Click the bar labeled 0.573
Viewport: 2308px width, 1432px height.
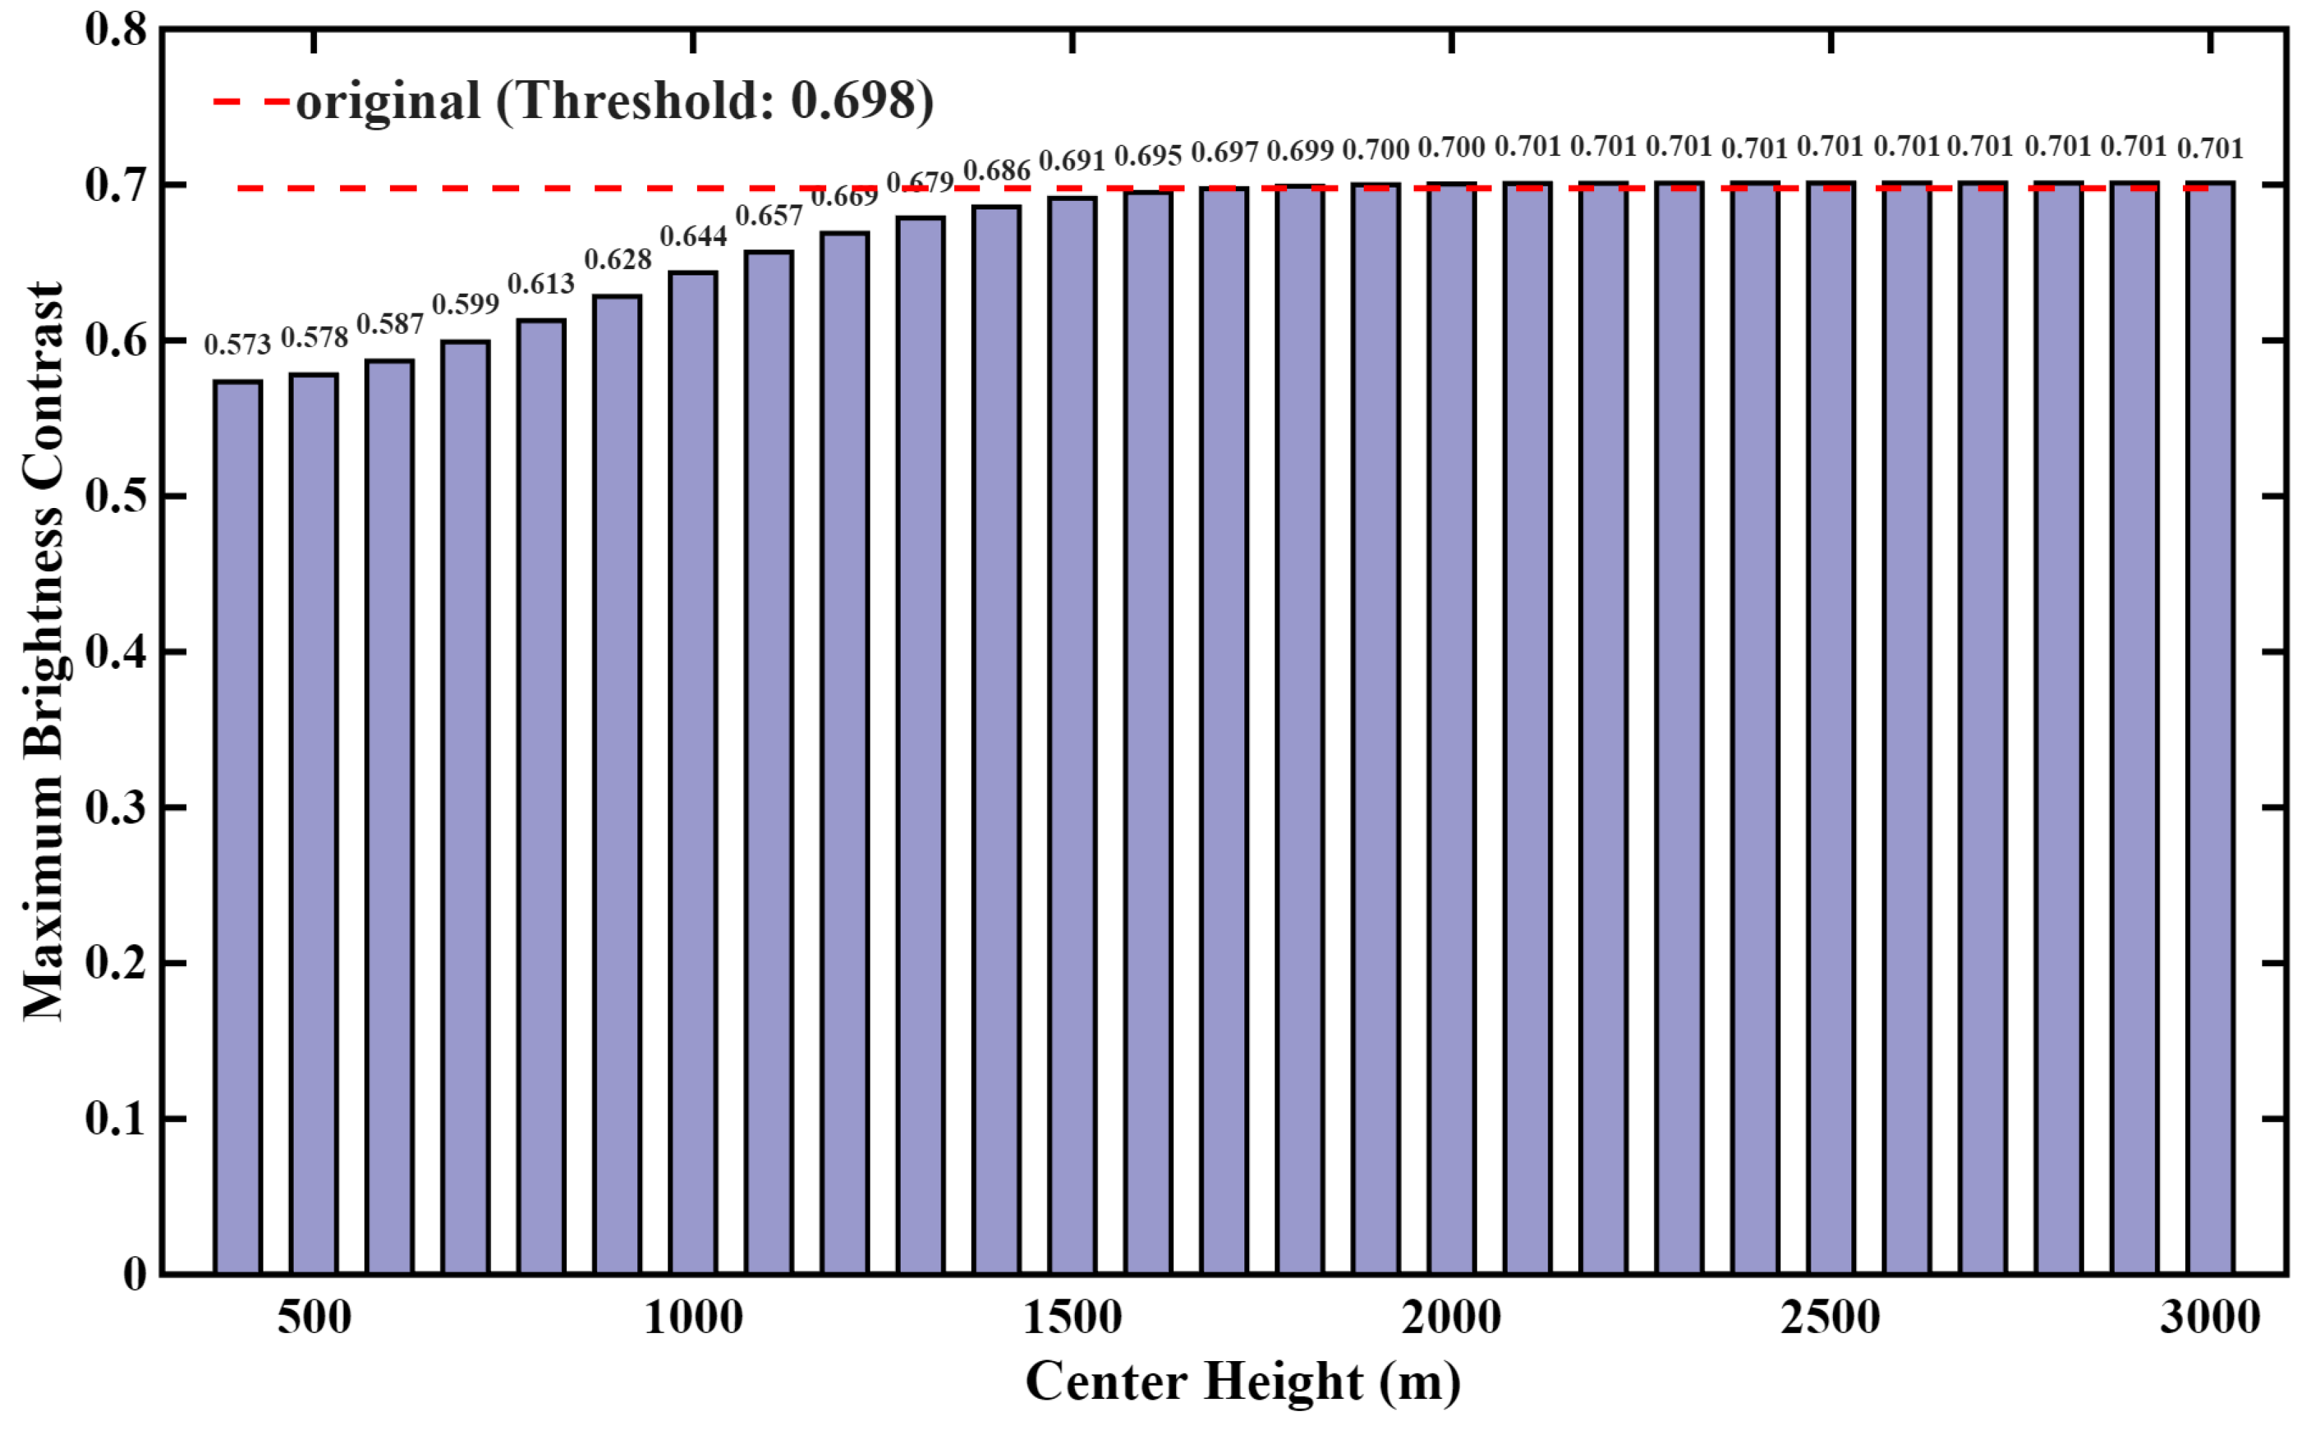pyautogui.click(x=237, y=827)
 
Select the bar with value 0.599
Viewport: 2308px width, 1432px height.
pyautogui.click(x=465, y=807)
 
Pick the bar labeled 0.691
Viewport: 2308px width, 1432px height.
pyautogui.click(x=1072, y=735)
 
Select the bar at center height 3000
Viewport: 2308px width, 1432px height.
pyautogui.click(x=2210, y=727)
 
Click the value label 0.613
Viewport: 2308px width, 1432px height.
pyautogui.click(x=541, y=284)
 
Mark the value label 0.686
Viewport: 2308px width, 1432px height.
pyautogui.click(x=996, y=171)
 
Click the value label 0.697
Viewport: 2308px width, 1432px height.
pyautogui.click(x=1225, y=152)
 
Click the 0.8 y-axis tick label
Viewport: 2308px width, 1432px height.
pyautogui.click(x=115, y=30)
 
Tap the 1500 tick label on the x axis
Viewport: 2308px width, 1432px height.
pyautogui.click(x=1072, y=1317)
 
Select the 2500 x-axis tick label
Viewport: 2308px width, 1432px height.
pyautogui.click(x=1831, y=1317)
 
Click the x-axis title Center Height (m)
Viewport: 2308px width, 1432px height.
pyautogui.click(x=1243, y=1382)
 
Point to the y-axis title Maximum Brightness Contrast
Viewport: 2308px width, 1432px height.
pyautogui.click(x=44, y=651)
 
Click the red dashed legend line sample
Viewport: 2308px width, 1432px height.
pyautogui.click(x=251, y=100)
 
